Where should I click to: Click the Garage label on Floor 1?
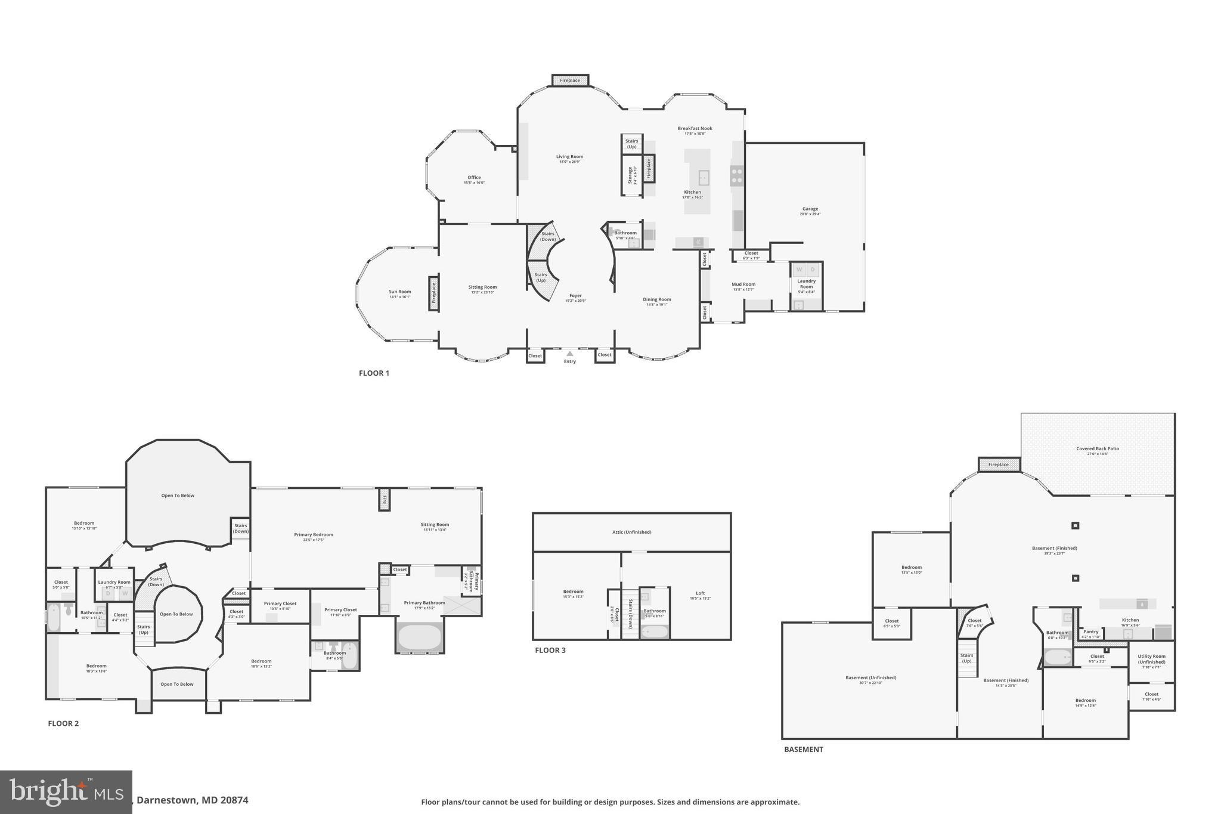click(x=810, y=209)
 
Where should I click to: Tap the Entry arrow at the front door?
click(x=569, y=354)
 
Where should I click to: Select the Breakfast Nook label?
click(x=695, y=129)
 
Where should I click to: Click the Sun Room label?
click(x=399, y=292)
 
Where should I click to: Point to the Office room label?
click(x=474, y=178)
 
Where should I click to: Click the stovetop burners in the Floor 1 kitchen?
click(x=737, y=175)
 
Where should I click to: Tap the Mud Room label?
click(x=743, y=285)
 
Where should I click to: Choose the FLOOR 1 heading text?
click(x=374, y=373)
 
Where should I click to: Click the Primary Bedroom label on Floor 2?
click(x=314, y=535)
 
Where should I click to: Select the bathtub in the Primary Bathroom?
click(x=420, y=637)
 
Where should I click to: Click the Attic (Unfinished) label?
click(x=631, y=532)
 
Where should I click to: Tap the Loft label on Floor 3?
click(x=700, y=593)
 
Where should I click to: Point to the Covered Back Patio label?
click(x=1097, y=449)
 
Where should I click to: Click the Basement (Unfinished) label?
click(x=870, y=677)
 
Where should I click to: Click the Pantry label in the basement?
click(x=1090, y=632)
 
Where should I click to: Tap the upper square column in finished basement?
click(x=1075, y=525)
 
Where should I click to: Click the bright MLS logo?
click(x=66, y=792)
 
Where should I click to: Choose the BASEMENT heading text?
click(x=803, y=750)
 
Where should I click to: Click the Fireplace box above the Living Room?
click(x=570, y=81)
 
